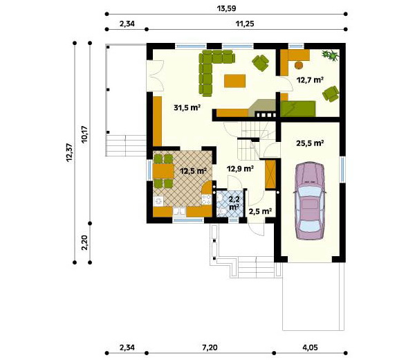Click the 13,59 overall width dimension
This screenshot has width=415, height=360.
point(226,8)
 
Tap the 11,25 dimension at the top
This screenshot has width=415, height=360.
point(245,24)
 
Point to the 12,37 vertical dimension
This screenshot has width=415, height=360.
point(69,153)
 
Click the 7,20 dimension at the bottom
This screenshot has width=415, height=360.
point(210,348)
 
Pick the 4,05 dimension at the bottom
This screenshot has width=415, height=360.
point(310,348)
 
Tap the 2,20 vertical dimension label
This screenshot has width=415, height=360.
point(84,243)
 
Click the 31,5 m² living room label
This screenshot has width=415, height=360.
point(187,108)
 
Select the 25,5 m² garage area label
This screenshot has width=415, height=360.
point(310,143)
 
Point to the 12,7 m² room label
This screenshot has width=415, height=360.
point(310,80)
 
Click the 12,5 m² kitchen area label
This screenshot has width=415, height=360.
point(193,171)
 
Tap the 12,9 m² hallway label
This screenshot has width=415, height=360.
point(241,168)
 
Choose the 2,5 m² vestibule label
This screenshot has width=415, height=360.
point(260,211)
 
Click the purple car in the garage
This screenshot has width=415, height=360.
point(309,201)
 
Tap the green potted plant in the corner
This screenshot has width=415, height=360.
point(330,55)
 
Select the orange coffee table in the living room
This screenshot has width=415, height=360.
point(234,81)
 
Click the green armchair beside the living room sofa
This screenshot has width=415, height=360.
point(261,63)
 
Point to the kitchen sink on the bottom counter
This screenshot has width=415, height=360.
point(180,211)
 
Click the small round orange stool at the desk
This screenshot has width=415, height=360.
point(299,65)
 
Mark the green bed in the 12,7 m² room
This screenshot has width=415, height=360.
point(298,109)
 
